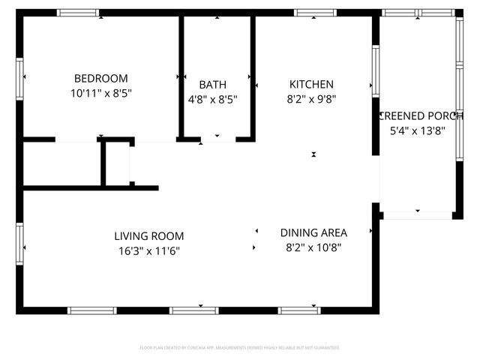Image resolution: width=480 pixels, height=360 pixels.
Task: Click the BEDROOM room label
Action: tap(100, 78)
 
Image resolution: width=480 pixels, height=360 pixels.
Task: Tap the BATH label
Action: tap(212, 85)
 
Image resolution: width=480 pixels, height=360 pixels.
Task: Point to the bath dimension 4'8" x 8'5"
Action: tap(212, 100)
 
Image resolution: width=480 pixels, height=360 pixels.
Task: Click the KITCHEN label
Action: tap(311, 85)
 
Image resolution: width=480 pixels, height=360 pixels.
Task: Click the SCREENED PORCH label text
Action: tap(421, 115)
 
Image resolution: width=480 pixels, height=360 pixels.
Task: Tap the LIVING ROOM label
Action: tap(149, 235)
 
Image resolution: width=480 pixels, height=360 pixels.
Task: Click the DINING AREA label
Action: tap(313, 232)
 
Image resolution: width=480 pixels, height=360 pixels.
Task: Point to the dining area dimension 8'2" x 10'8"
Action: tap(313, 247)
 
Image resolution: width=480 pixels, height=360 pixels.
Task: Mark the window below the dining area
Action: tap(298, 310)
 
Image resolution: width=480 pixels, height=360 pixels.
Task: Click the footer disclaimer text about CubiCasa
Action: tap(240, 348)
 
